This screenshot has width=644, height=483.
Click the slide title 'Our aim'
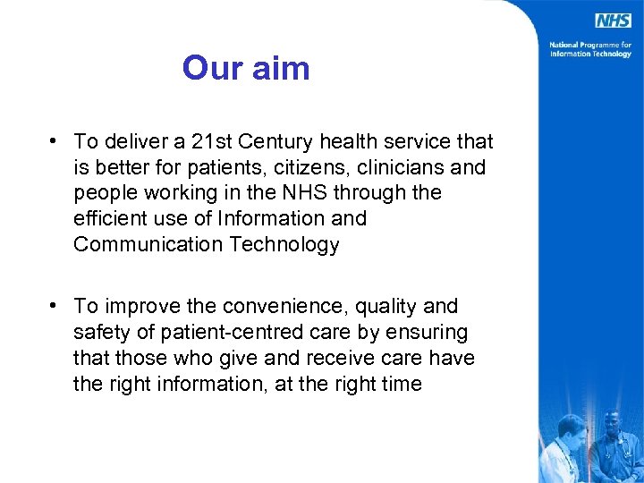coord(246,68)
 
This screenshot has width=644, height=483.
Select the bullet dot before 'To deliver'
coord(55,140)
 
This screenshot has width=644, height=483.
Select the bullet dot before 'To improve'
coord(55,306)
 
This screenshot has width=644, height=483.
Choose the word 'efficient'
coord(111,219)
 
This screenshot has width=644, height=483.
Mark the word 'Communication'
coord(144,245)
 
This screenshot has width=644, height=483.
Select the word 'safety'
coord(100,333)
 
